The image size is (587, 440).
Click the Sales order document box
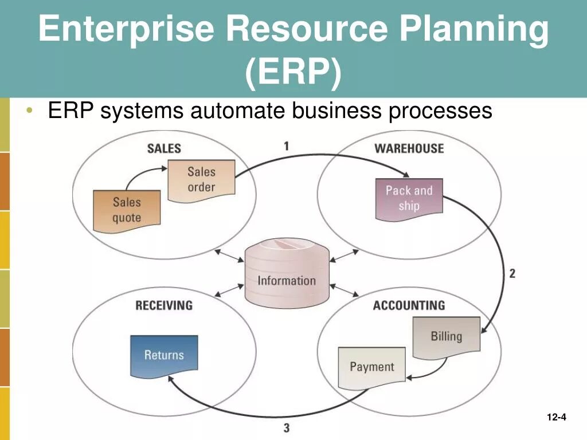tap(201, 180)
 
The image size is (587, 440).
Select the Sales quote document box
tap(127, 210)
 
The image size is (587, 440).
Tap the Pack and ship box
tap(409, 198)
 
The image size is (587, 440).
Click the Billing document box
tap(446, 336)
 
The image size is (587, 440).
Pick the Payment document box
tap(371, 367)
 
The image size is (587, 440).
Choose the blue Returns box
tap(164, 355)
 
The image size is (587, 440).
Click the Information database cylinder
tap(287, 274)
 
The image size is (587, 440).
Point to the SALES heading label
tap(164, 148)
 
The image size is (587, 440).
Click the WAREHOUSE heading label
tap(409, 148)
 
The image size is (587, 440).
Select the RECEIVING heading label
tap(164, 305)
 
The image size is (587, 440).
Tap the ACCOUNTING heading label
tap(409, 305)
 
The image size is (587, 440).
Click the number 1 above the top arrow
tap(286, 146)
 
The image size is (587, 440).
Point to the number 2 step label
tap(512, 273)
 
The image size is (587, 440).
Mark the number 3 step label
tap(286, 427)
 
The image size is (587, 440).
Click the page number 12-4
tap(556, 417)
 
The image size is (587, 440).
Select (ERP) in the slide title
tap(293, 73)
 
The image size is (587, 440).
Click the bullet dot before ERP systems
tap(29, 110)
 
